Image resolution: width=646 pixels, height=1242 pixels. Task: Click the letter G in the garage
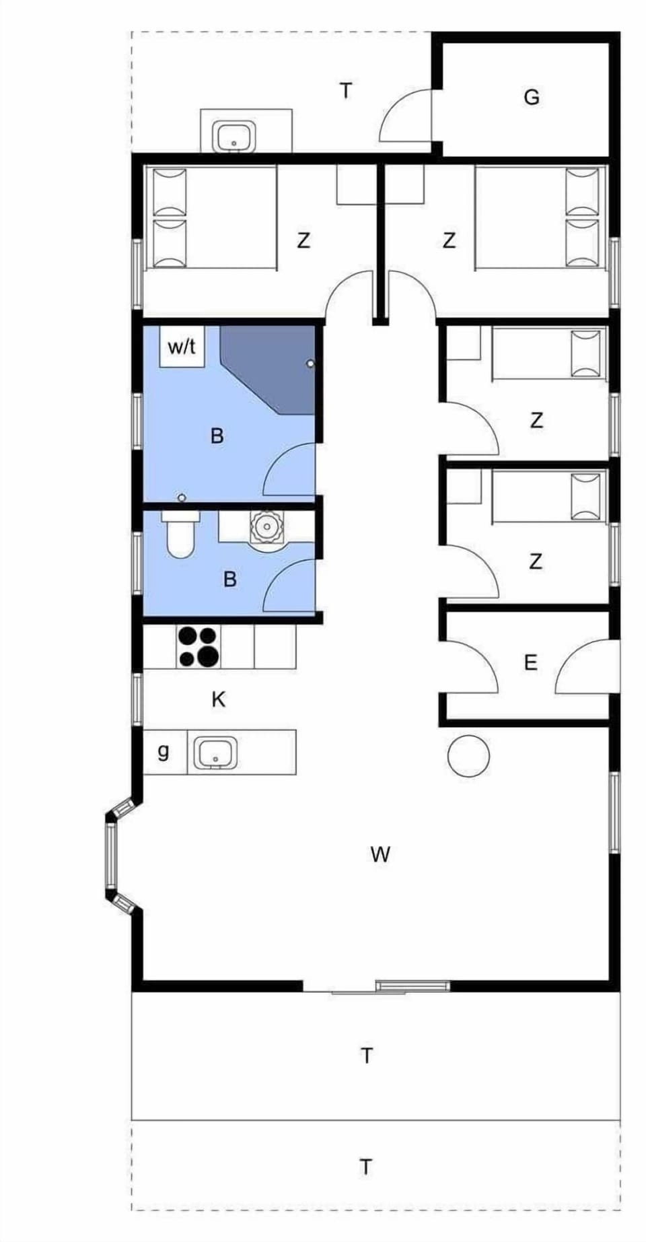click(531, 98)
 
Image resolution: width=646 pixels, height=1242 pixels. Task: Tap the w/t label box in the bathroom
click(182, 347)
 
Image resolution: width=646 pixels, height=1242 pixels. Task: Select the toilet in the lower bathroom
click(180, 534)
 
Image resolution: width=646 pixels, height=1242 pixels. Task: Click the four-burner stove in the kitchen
click(198, 647)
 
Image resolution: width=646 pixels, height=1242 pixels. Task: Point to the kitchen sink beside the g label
click(216, 753)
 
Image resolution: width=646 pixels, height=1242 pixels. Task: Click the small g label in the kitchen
click(163, 751)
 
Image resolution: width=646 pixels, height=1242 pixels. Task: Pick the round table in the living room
click(468, 756)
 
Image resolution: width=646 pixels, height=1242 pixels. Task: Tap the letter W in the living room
click(380, 855)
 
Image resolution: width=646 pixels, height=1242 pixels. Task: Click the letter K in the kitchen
click(218, 700)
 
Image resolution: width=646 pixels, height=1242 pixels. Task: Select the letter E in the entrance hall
click(530, 663)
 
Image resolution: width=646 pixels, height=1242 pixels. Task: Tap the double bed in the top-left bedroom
click(210, 218)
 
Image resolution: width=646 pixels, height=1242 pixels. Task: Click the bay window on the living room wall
click(111, 854)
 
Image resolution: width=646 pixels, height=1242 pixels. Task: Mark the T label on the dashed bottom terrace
click(365, 1166)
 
